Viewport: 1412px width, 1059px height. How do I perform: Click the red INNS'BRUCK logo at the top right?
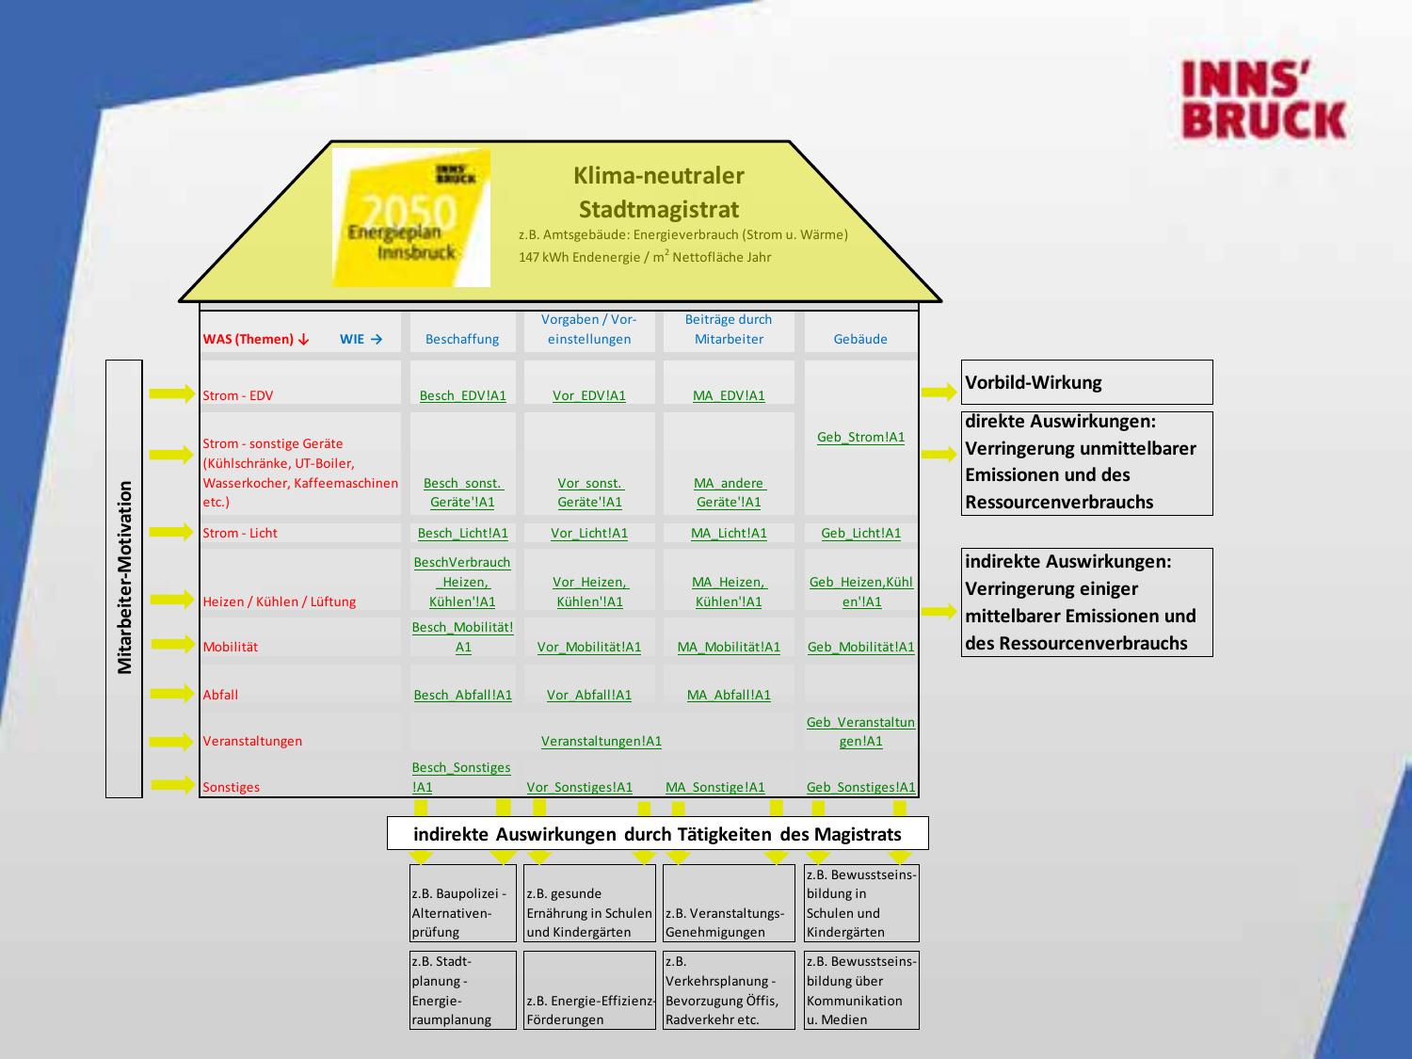(x=1263, y=101)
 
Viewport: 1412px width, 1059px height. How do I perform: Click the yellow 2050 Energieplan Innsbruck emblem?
(x=411, y=217)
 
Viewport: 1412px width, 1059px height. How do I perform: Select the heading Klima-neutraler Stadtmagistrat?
(x=658, y=192)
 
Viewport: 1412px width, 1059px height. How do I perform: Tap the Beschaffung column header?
(x=462, y=339)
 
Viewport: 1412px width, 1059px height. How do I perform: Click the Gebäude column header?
(x=860, y=339)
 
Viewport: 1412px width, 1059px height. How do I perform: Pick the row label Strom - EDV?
(x=238, y=395)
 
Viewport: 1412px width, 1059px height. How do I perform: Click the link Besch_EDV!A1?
(x=462, y=395)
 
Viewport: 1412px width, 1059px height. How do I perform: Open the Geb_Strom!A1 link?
(x=860, y=437)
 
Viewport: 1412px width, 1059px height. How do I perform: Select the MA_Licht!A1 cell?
(x=729, y=533)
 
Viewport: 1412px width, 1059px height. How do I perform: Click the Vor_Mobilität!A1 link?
(x=589, y=647)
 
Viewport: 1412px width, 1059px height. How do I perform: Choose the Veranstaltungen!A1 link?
(x=601, y=741)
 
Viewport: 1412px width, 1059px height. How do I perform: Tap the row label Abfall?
(x=220, y=695)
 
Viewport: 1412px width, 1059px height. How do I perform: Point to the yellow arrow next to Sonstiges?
(x=171, y=784)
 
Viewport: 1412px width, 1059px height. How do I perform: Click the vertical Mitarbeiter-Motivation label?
(x=124, y=578)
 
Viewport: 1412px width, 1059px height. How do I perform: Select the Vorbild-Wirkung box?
(x=1086, y=382)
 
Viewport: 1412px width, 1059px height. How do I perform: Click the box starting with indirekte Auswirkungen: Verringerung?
(x=1086, y=602)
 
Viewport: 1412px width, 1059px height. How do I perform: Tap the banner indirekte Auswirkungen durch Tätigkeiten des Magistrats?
(x=657, y=834)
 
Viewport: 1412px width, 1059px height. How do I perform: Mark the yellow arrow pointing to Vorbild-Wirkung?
(x=939, y=393)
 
